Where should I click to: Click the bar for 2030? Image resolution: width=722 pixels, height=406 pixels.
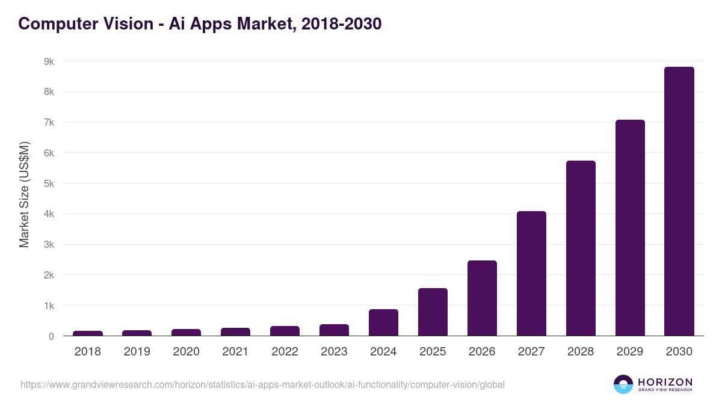click(679, 201)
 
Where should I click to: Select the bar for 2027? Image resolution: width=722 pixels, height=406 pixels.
click(531, 274)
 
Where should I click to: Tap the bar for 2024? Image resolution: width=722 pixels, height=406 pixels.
click(383, 322)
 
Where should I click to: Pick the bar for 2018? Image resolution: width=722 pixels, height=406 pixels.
click(88, 333)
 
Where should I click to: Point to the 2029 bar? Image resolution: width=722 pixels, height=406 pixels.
click(630, 228)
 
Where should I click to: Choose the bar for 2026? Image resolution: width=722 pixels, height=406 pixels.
click(482, 298)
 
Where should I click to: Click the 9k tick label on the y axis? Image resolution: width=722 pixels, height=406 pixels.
click(49, 61)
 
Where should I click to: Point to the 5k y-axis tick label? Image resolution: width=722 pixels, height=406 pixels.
click(49, 183)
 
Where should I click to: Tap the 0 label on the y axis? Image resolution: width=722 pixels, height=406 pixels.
click(51, 336)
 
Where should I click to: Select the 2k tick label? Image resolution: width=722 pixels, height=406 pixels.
click(49, 275)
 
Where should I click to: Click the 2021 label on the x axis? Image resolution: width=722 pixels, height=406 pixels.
click(235, 352)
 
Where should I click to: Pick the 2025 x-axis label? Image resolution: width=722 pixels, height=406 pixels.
click(433, 352)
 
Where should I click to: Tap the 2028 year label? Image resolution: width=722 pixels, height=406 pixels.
click(581, 352)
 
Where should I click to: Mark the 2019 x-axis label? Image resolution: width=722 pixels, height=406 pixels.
click(137, 352)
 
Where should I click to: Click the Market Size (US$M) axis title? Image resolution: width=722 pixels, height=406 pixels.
click(24, 194)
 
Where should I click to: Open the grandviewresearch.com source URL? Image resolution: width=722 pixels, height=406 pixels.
click(262, 384)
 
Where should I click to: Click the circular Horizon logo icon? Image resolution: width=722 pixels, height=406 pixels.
click(623, 384)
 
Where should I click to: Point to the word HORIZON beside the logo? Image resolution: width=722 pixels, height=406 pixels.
click(665, 381)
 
